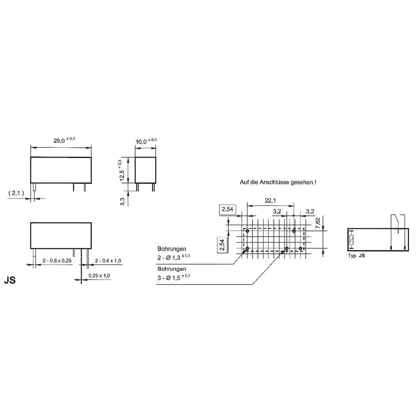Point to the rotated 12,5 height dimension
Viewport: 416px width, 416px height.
point(122,170)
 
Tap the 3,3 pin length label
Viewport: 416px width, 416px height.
point(122,201)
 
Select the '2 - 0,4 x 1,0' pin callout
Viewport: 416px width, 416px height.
point(108,261)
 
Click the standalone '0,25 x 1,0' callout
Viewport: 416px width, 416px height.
point(99,275)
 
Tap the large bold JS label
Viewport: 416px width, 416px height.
point(10,280)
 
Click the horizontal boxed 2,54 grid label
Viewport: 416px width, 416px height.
point(227,209)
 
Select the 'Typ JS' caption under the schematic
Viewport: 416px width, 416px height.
point(357,256)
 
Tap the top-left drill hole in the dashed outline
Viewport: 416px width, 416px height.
point(247,230)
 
